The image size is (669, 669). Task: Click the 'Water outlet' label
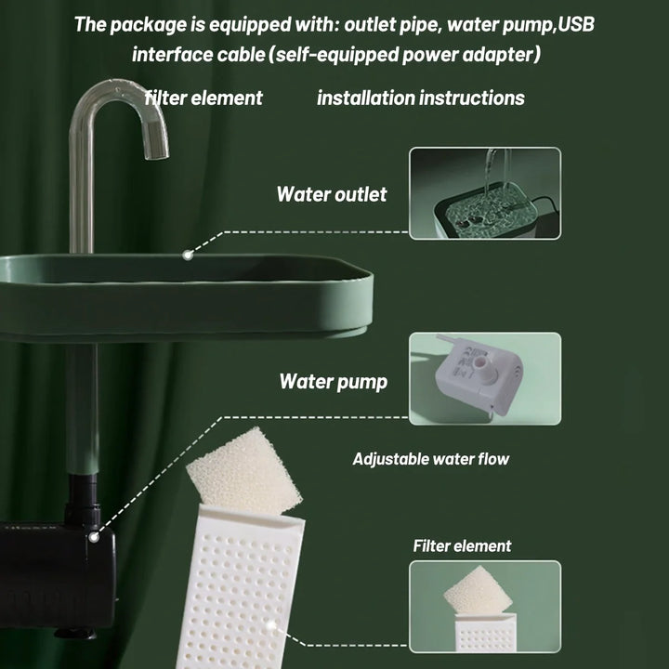point(332,194)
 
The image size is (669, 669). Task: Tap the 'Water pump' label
point(333,382)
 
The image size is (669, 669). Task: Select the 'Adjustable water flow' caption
point(430,458)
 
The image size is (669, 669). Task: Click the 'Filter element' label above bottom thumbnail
point(462,545)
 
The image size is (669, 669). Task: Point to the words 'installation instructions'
point(420,98)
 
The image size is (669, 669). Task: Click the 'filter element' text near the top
point(203,98)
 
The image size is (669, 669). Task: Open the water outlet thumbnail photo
point(485,192)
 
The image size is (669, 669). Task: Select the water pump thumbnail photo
point(485,378)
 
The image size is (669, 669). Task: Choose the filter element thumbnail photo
point(485,606)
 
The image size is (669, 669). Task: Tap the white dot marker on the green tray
point(188,252)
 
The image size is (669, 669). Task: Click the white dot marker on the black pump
point(92,536)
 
